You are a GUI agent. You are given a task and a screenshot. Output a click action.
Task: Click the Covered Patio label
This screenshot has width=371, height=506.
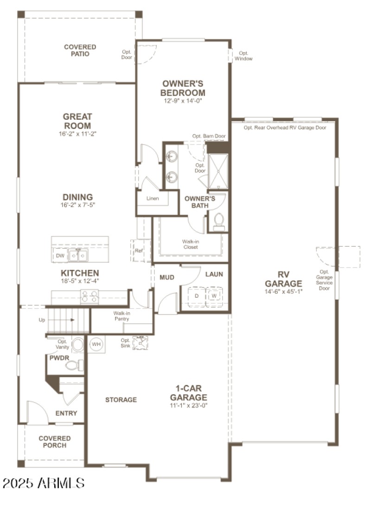tap(80, 51)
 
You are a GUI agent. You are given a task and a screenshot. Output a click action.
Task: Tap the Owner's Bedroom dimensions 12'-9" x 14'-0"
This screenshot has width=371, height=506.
tap(183, 101)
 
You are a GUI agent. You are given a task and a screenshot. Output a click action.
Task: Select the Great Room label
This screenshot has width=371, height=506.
tap(77, 121)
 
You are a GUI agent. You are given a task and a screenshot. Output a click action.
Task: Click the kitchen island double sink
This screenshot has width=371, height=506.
tap(78, 255)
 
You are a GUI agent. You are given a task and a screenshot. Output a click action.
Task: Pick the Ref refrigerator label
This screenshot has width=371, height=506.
tap(139, 251)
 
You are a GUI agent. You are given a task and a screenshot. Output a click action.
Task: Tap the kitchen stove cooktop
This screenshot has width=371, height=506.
tap(90, 296)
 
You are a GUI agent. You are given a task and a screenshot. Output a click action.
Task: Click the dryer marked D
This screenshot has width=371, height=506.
tap(196, 295)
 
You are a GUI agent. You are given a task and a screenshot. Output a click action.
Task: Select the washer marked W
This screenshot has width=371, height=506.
tap(214, 295)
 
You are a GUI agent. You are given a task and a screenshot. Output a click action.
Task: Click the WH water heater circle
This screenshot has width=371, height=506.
tap(96, 345)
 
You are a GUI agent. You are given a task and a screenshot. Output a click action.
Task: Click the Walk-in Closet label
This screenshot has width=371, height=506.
tap(190, 244)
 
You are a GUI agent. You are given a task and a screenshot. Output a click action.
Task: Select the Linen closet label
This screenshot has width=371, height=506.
tap(152, 199)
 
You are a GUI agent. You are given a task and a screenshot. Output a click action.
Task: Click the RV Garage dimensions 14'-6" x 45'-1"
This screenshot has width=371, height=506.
tap(283, 292)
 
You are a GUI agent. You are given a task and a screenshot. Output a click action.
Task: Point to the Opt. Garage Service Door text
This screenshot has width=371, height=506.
tap(324, 280)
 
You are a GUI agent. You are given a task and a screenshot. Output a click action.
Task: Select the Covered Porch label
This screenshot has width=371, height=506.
tap(55, 442)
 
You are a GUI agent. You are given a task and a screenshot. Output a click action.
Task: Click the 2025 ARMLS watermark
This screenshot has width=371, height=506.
tap(43, 483)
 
